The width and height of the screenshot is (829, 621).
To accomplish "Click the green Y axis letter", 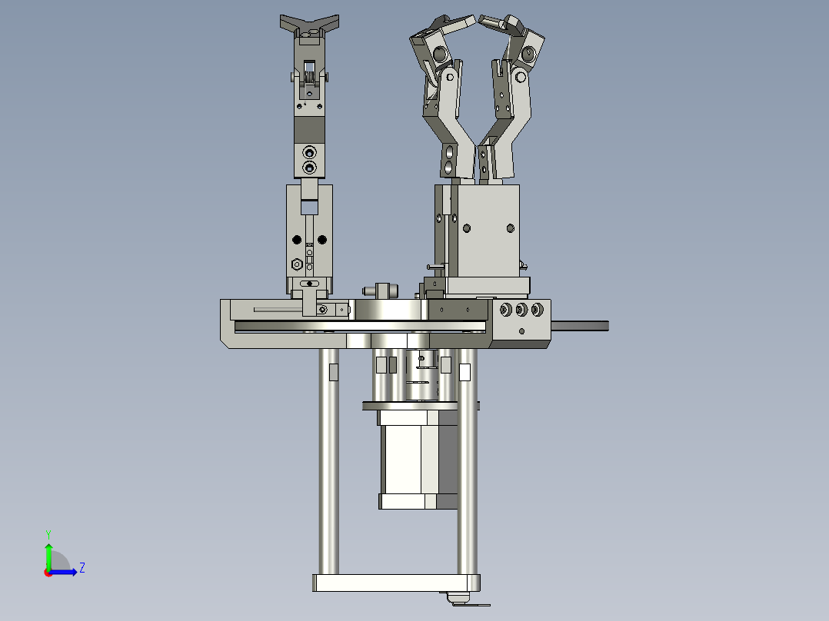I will (x=48, y=533).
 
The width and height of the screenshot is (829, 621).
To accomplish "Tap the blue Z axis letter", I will (x=82, y=568).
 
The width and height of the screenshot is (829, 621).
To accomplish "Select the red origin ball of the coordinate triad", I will (x=48, y=572).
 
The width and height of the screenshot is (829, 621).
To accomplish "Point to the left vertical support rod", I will (x=329, y=461).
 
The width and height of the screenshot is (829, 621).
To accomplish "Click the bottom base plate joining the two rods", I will (x=396, y=583).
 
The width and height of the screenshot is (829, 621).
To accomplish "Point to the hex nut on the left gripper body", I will (x=297, y=264).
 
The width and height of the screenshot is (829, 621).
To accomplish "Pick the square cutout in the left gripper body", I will (x=309, y=206).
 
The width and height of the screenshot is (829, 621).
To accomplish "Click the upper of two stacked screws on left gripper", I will (x=309, y=151).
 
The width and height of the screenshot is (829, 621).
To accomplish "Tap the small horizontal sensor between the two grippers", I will (x=380, y=291).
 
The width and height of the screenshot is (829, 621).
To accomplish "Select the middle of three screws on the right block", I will (x=521, y=310).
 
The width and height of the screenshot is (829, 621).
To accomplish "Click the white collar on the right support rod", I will (x=464, y=372).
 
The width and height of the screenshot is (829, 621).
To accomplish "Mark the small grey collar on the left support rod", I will (x=333, y=372).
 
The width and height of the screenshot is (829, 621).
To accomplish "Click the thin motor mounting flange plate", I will (x=420, y=405).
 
